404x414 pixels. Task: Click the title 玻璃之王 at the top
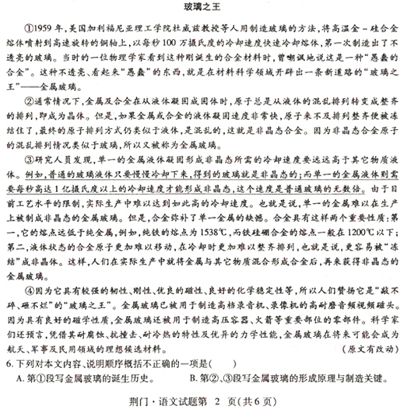(x=201, y=7)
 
